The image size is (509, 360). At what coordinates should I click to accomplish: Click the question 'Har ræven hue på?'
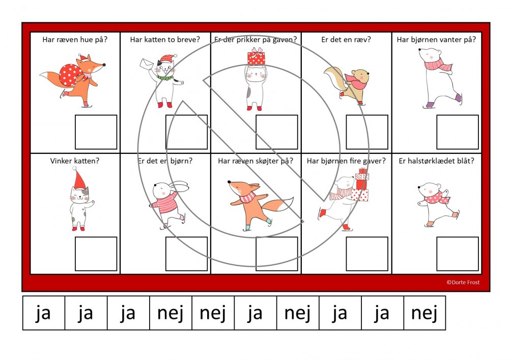tap(75, 40)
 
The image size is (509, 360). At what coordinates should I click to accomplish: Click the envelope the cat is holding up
tap(147, 64)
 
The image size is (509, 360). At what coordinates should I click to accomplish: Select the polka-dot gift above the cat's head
tap(256, 57)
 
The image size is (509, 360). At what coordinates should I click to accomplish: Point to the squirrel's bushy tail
tap(333, 80)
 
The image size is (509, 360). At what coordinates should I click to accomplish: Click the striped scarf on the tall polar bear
tap(438, 65)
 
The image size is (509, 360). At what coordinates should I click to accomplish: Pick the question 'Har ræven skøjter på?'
tap(256, 161)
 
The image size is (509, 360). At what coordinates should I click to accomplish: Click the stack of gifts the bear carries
tap(361, 185)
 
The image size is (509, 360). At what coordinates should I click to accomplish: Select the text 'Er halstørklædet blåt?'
tap(436, 161)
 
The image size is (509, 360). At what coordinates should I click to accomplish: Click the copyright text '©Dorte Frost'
tap(463, 283)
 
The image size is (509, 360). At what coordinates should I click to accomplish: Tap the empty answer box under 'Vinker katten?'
tap(96, 254)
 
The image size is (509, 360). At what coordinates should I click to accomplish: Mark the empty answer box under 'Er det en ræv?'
tap(367, 132)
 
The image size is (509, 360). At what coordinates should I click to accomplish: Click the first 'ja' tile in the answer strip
tap(43, 313)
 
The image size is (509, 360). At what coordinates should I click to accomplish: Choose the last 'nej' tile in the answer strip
tap(425, 313)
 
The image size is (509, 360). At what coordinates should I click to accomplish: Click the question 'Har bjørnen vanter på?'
tap(436, 40)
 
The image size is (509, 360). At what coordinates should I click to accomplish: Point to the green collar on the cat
tap(165, 78)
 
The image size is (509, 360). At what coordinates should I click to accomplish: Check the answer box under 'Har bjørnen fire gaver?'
tap(367, 254)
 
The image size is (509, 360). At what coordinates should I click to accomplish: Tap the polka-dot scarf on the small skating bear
tap(437, 198)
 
